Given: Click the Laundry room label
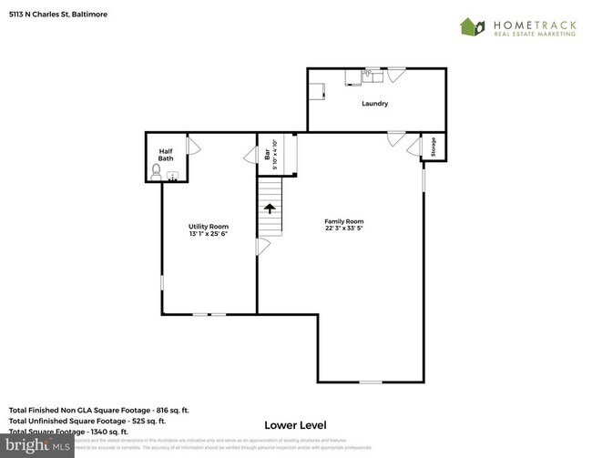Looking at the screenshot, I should coord(374,104).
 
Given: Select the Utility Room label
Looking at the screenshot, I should coord(209,227).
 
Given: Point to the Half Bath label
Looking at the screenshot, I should coord(166,155).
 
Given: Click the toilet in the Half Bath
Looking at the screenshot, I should coord(157,169).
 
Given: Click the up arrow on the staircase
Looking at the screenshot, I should coord(270,209).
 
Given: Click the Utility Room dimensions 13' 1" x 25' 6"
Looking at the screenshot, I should coord(209,234).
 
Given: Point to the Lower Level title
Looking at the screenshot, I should coord(295,424).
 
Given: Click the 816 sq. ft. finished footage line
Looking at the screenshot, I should coord(98,410).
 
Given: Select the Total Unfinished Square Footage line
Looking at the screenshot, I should coord(87,421).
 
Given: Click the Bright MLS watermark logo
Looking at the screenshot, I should coord(36,447).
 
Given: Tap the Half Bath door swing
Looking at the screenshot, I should coord(192,145).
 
